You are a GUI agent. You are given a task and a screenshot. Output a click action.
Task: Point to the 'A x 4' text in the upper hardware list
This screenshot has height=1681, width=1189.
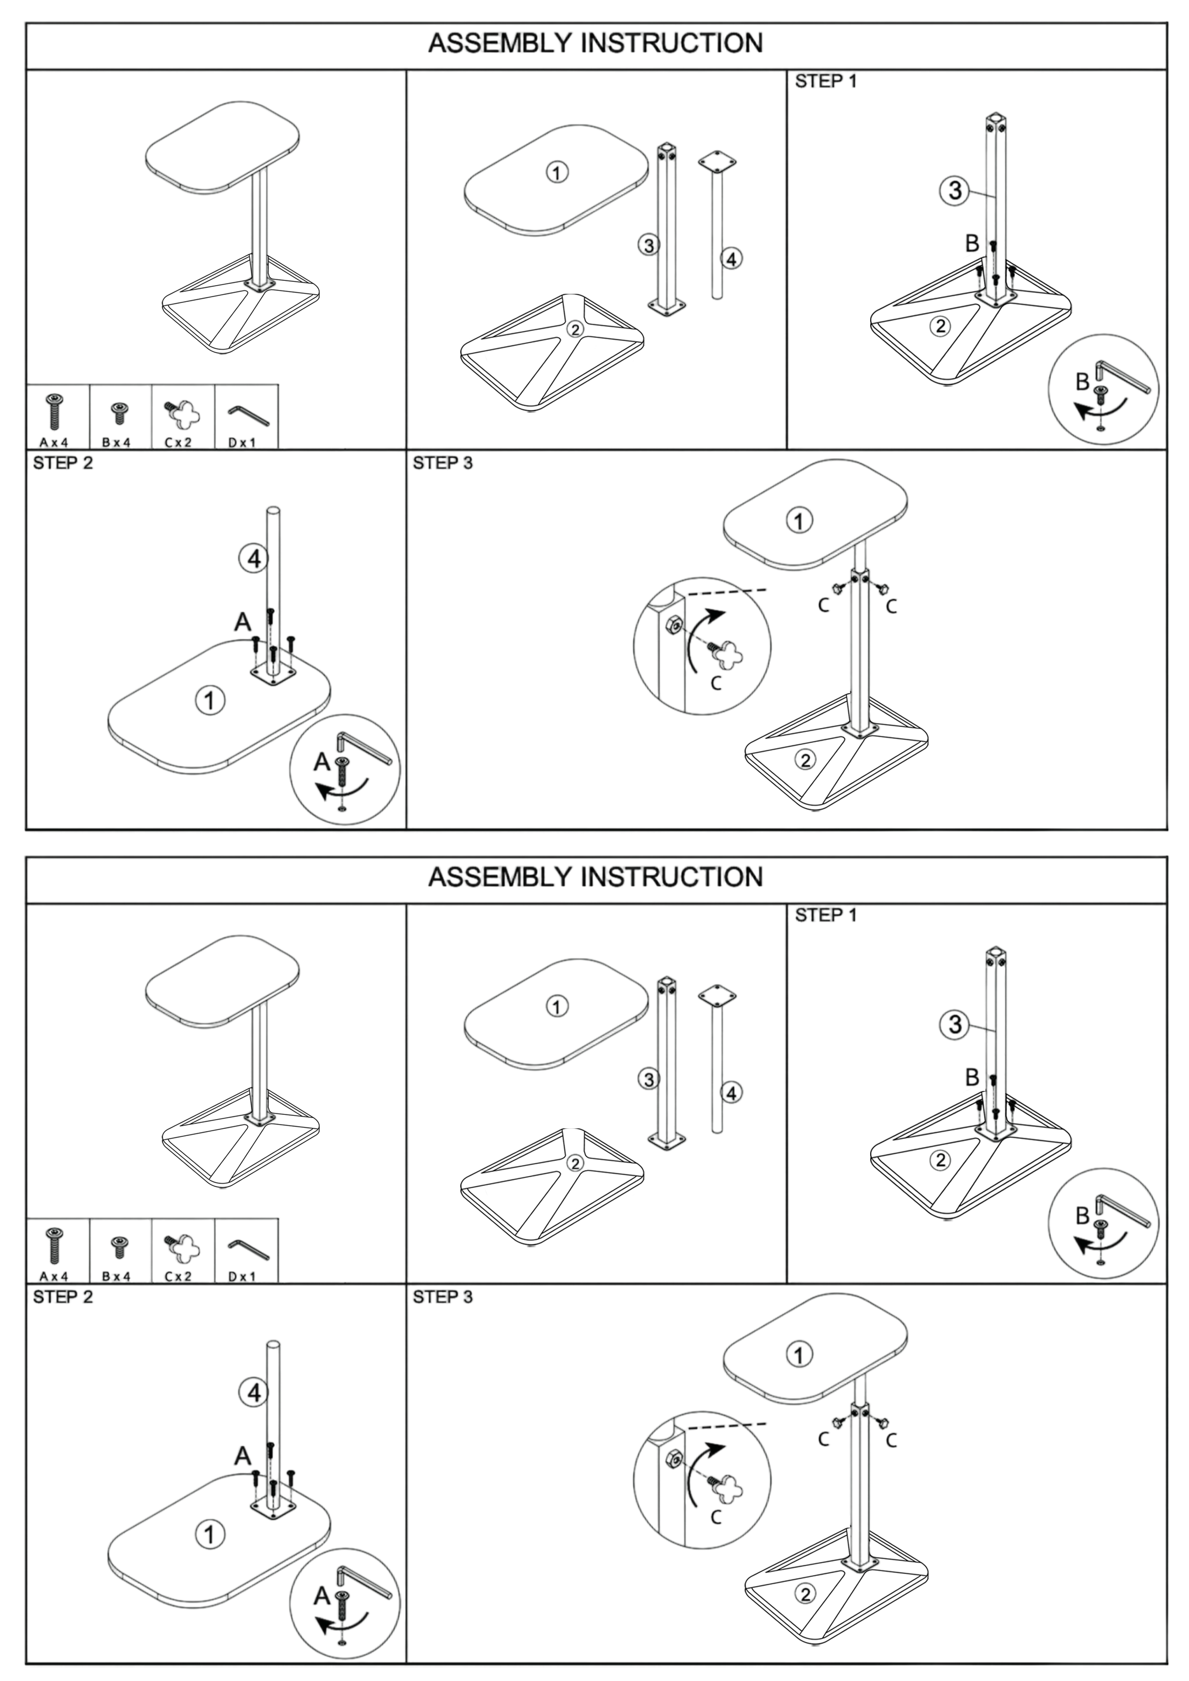coord(54,442)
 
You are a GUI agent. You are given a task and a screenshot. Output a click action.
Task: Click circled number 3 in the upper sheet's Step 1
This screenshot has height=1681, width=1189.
coord(955,190)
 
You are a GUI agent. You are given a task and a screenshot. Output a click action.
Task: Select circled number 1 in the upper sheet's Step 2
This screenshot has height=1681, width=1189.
coord(210,701)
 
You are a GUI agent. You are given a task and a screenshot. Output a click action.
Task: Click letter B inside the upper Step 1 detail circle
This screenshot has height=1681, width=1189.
coord(1082,382)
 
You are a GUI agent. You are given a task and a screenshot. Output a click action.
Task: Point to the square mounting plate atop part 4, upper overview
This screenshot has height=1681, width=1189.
coord(717,161)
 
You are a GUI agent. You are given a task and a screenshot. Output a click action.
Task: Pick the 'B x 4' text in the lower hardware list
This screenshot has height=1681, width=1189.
coord(117,1276)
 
